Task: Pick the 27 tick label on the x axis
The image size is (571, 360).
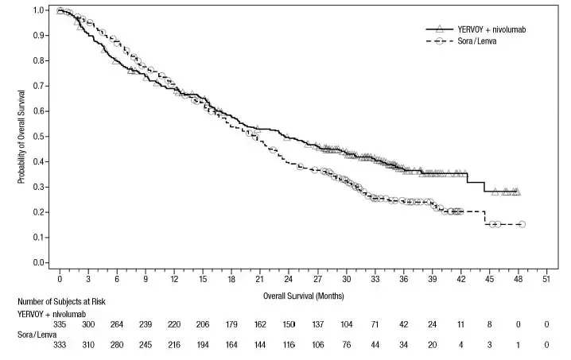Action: tap(317, 281)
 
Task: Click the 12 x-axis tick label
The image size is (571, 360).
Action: tap(173, 281)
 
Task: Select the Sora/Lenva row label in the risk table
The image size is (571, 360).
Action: tap(36, 335)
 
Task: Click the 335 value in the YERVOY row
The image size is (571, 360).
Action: tap(60, 325)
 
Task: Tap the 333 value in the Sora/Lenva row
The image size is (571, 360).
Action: tap(60, 345)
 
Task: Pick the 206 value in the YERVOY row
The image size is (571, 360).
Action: tap(203, 325)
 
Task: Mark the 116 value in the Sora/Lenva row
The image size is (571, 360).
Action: tap(288, 345)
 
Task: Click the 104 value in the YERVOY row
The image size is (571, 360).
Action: tap(346, 325)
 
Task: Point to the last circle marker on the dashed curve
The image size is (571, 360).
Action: tap(522, 224)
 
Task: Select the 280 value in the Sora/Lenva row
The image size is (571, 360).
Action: tap(117, 345)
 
